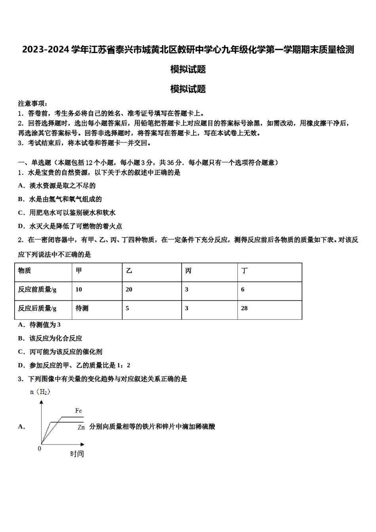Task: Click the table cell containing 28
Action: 244,308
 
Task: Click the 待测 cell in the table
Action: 82,308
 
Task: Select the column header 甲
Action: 79,271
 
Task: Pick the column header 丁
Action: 245,271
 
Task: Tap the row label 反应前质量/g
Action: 37,290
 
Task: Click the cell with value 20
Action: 129,290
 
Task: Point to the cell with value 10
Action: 79,290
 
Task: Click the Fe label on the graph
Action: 78,411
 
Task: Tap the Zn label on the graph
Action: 81,427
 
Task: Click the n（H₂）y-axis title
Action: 40,392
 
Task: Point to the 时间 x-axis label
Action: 77,454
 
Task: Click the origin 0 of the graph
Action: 39,448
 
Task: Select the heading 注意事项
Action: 33,103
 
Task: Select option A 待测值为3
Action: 40,325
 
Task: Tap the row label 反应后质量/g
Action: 37,308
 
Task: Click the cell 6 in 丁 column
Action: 243,290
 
